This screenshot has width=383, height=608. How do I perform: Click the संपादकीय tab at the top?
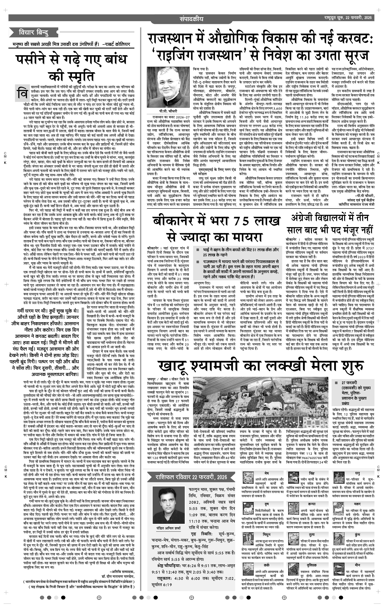(191, 19)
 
